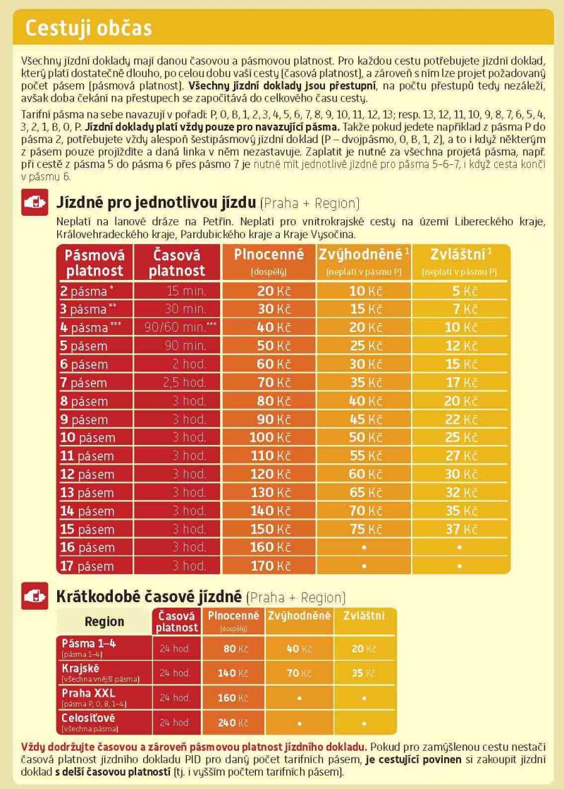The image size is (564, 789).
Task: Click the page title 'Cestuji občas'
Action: pos(88,29)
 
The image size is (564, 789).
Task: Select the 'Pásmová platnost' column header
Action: pos(94,262)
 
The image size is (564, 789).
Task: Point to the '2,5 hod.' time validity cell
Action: pos(185,382)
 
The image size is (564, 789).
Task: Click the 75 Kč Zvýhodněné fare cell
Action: pos(362,529)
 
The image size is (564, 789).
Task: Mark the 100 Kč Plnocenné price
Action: pos(269,437)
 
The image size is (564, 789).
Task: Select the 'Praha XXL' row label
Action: pos(86,693)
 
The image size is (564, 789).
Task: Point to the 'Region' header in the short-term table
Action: pos(104,621)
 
